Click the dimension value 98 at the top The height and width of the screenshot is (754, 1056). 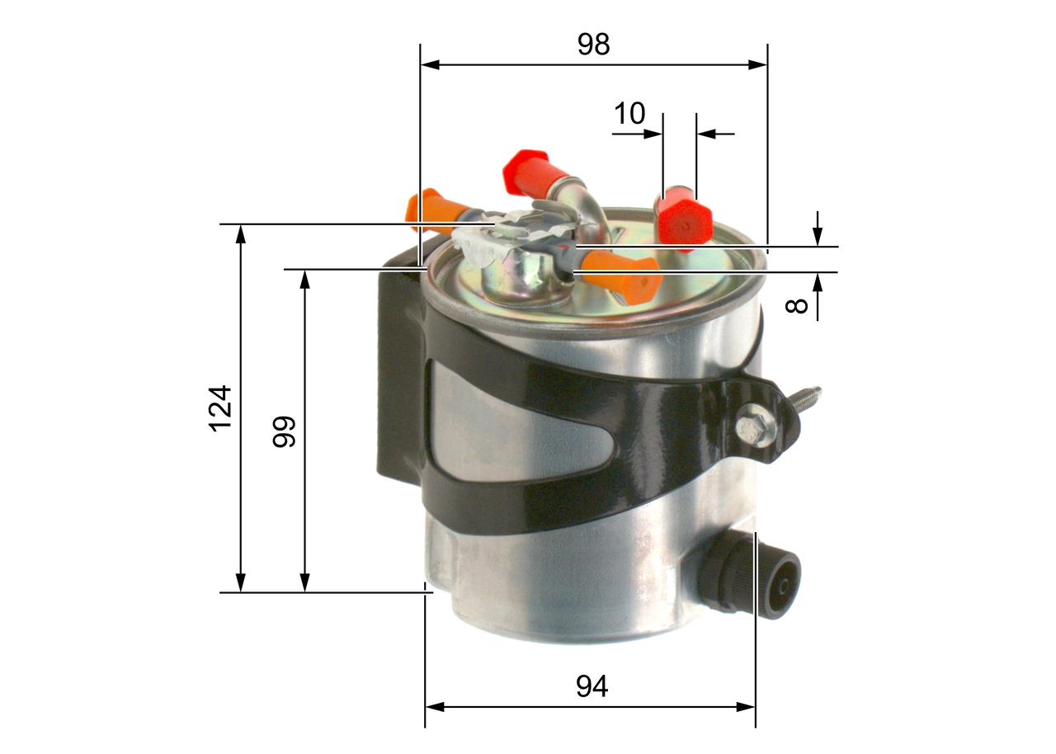click(593, 45)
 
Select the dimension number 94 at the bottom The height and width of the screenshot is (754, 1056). click(592, 686)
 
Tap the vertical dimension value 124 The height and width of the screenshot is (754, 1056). click(220, 408)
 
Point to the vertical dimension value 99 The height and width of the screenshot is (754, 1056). click(285, 431)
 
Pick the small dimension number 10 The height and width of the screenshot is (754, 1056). click(629, 113)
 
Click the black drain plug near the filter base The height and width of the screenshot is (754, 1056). click(751, 577)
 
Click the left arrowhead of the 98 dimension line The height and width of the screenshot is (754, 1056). click(430, 64)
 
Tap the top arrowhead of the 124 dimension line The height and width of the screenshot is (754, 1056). click(241, 234)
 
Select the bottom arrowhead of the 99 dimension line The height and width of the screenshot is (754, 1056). click(305, 582)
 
